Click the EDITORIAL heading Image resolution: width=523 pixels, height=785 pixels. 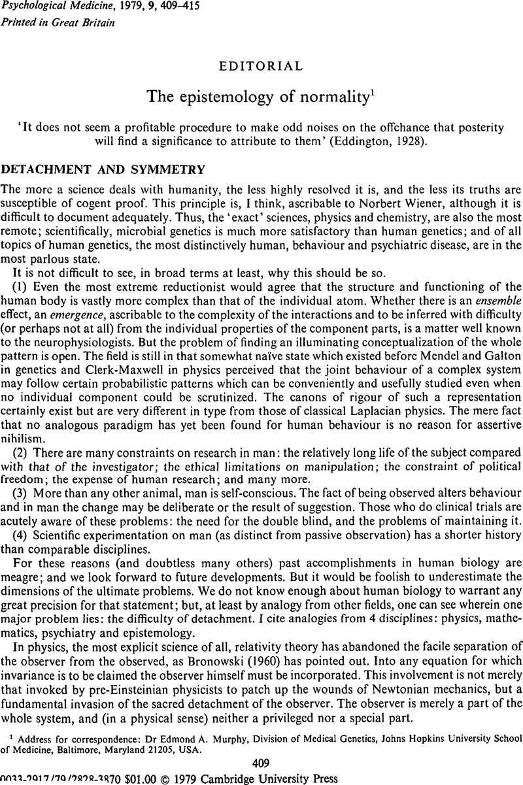261,66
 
